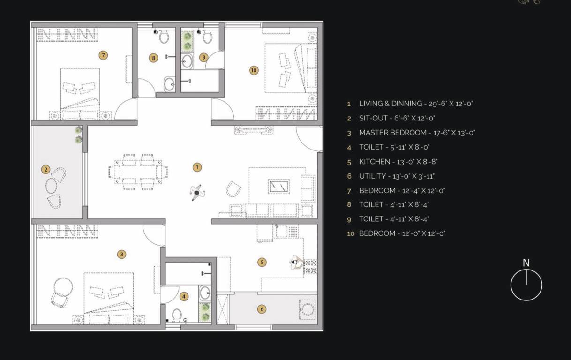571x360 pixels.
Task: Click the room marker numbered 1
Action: click(x=197, y=167)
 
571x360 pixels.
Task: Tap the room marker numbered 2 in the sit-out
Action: click(x=45, y=169)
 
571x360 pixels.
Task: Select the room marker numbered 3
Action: click(x=121, y=254)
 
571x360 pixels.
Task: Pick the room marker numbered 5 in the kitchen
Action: click(x=262, y=262)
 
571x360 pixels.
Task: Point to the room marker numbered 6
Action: click(x=262, y=308)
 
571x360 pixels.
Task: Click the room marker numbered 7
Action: click(x=103, y=55)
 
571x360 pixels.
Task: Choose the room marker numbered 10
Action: click(x=254, y=70)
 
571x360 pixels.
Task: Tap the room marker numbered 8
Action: click(x=153, y=58)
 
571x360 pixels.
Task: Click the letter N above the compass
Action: click(x=526, y=263)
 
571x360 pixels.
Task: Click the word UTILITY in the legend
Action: click(x=372, y=176)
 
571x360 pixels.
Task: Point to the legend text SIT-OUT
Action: click(x=373, y=118)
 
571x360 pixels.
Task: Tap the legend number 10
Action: click(x=351, y=233)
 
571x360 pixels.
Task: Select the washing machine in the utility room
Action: click(x=308, y=309)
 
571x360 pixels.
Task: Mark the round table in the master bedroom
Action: click(x=62, y=285)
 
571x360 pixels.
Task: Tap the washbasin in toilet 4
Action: click(x=205, y=293)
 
